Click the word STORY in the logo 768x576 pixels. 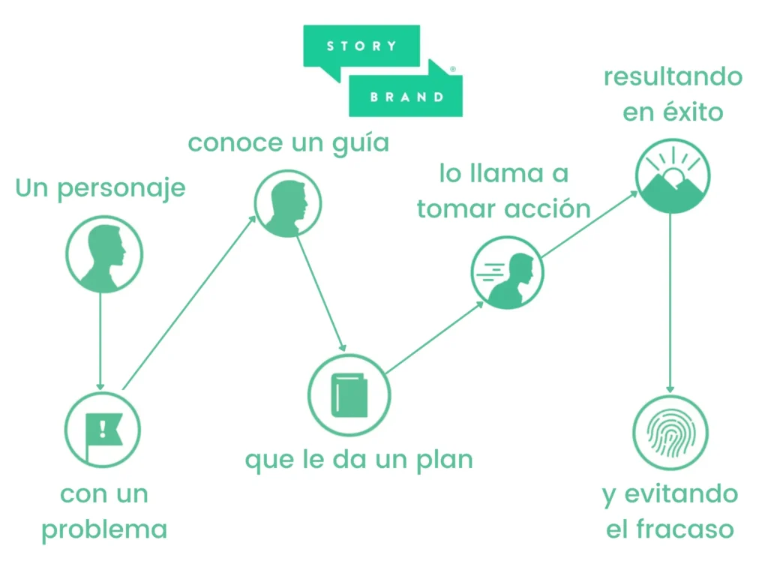pos(361,46)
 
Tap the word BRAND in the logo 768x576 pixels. pos(407,97)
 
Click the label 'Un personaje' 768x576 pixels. pos(100,187)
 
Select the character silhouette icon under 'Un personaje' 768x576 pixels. pos(103,255)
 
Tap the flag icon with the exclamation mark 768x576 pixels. pos(103,430)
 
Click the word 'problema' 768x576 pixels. pos(104,529)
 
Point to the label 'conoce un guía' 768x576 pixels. pos(288,142)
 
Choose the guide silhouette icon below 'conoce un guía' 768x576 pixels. pos(287,202)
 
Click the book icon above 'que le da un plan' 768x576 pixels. pos(349,394)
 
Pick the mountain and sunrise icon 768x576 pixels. pos(672,177)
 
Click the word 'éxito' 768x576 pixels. pos(694,112)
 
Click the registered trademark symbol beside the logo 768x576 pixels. pos(452,69)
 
